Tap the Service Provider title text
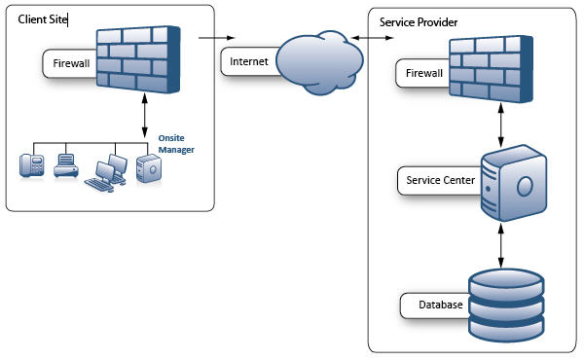click(419, 21)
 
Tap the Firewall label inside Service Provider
click(423, 74)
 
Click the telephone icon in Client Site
click(31, 164)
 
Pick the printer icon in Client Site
click(66, 164)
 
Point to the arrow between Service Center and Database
click(501, 243)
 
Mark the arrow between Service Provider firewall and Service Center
click(501, 124)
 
